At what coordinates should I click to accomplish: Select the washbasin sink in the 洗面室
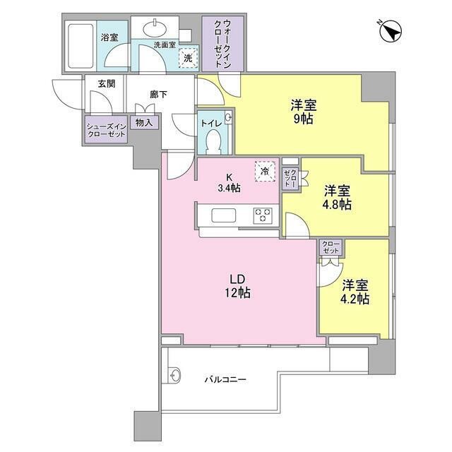pos(154,29)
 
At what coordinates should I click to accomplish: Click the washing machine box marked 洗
pos(188,59)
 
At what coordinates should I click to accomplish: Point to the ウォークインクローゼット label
pos(222,44)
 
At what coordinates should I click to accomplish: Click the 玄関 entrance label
pos(106,83)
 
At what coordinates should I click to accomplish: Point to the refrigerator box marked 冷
pos(265,169)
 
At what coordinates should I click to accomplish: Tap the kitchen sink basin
pos(219,215)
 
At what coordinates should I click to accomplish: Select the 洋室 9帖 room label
pos(304,112)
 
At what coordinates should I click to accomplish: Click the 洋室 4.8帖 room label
pos(338,198)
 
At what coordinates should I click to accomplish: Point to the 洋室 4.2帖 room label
pos(356,292)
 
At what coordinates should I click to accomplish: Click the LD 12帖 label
pos(237,285)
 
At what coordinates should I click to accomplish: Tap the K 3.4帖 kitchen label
pos(229,182)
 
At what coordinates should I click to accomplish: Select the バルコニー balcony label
pos(225,379)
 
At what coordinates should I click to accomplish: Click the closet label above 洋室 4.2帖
pos(331,247)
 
